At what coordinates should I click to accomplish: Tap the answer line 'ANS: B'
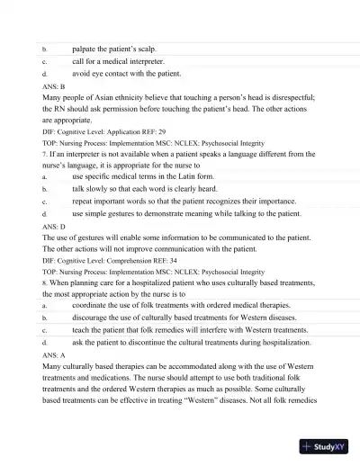coord(52,85)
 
